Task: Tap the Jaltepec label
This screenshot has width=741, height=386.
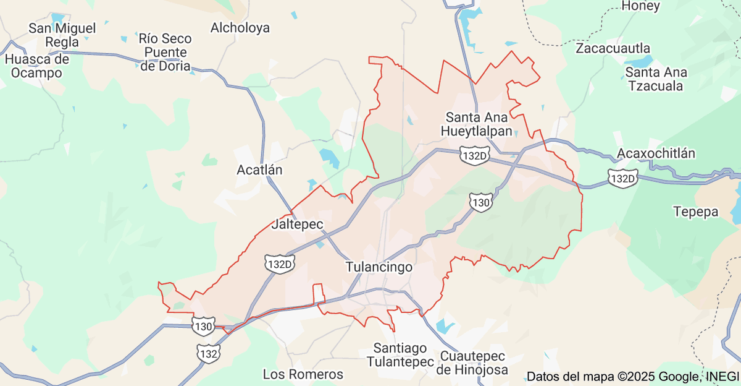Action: [x=297, y=224]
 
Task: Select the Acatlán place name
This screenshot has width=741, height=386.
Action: [x=259, y=169]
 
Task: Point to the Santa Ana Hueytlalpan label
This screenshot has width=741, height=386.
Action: [x=477, y=124]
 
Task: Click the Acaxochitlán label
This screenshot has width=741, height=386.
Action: [x=656, y=153]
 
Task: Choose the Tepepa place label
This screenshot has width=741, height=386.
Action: [x=696, y=212]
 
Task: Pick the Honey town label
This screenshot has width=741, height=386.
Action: [x=641, y=6]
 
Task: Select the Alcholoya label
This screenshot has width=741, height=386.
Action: [x=240, y=28]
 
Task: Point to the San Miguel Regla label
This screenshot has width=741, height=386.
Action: [x=62, y=35]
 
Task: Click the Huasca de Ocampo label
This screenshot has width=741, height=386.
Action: [x=37, y=66]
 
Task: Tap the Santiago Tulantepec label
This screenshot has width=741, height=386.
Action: [x=400, y=355]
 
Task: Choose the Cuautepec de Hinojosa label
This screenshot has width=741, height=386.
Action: [x=472, y=363]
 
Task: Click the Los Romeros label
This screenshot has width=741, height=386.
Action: [x=303, y=374]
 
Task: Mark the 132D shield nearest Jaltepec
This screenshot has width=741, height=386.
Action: [x=280, y=264]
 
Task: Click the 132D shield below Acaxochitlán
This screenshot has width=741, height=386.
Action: [x=622, y=178]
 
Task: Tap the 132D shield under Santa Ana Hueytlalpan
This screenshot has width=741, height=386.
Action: [x=474, y=155]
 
